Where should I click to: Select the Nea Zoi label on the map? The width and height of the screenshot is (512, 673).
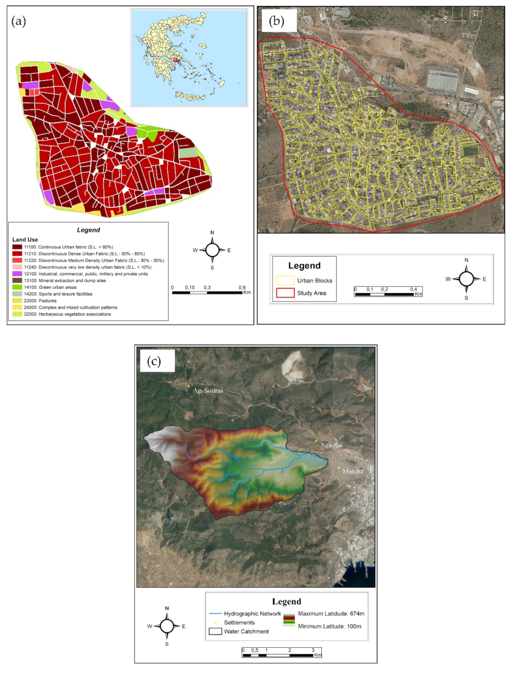point(331,445)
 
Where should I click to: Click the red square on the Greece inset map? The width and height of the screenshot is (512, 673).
point(175,60)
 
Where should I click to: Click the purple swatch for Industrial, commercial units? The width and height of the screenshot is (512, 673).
point(17,274)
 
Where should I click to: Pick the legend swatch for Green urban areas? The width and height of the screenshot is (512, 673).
point(17,287)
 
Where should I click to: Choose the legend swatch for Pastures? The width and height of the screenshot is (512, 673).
point(17,301)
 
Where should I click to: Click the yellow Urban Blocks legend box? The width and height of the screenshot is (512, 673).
point(285,280)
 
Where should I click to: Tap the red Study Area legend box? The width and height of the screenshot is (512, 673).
point(285,293)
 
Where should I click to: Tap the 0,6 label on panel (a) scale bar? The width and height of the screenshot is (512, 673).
point(242,287)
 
